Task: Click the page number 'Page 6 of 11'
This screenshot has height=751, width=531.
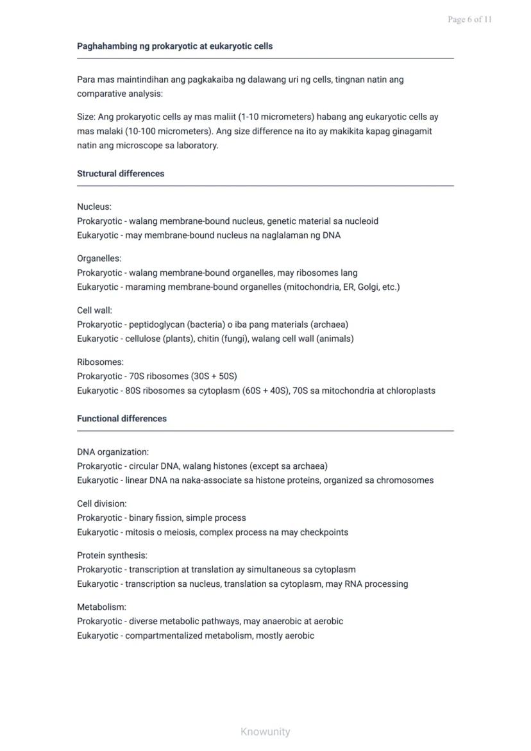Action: [469, 19]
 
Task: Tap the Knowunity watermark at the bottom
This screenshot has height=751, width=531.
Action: [265, 731]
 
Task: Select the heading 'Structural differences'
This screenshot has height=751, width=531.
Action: [121, 173]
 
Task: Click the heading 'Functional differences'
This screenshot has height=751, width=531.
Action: [122, 418]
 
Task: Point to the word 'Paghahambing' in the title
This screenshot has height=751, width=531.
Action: [105, 46]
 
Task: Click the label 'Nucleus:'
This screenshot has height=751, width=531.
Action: [94, 207]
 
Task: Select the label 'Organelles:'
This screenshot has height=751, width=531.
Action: [99, 258]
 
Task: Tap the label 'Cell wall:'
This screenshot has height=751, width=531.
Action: [94, 310]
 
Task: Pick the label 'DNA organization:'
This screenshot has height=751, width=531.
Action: [113, 451]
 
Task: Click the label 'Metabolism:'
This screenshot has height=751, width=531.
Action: [101, 607]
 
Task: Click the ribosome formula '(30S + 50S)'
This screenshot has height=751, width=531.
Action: [214, 376]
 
